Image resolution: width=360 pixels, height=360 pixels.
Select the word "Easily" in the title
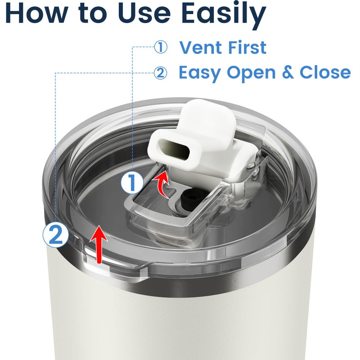224,14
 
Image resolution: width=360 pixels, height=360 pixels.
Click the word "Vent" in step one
198,47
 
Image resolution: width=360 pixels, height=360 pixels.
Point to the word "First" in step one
244,47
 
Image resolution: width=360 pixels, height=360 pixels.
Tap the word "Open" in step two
251,73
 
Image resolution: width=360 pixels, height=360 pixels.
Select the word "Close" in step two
325,72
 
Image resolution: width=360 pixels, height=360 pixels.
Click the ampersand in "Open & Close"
288,72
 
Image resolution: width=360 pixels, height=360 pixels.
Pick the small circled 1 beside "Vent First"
161,47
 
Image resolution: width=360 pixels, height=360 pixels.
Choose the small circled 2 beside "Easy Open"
160,73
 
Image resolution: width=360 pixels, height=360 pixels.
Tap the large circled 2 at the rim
55,234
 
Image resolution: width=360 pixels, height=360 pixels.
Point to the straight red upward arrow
99,244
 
